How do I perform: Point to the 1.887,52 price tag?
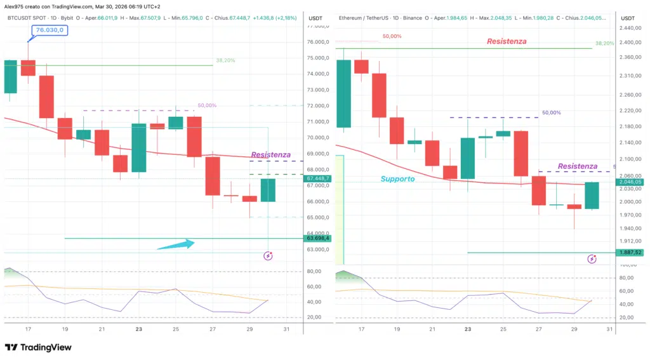[x=632, y=252]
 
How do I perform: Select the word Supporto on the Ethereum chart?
[x=397, y=179]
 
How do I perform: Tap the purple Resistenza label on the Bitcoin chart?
[x=270, y=154]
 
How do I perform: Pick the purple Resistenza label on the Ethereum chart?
[x=577, y=166]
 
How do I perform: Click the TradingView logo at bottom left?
[x=38, y=347]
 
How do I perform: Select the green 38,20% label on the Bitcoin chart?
[x=225, y=60]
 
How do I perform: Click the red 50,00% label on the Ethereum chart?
[x=392, y=36]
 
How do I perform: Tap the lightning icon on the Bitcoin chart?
[x=268, y=256]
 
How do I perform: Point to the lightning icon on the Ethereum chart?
[x=592, y=259]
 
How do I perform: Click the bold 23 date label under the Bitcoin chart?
[x=139, y=330]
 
